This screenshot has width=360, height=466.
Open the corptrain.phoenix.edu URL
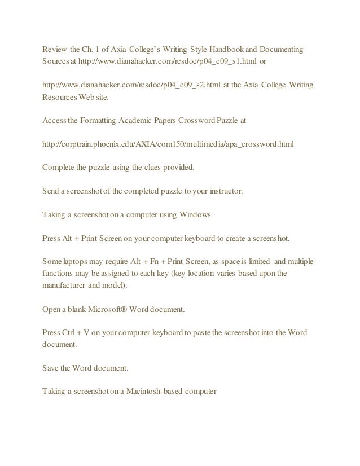[x=168, y=144]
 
